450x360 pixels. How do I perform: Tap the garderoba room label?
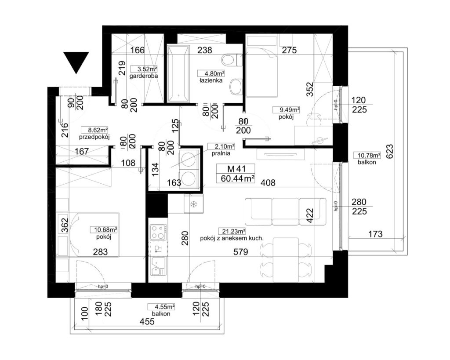(x=144, y=76)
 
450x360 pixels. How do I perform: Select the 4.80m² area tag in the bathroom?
(x=211, y=73)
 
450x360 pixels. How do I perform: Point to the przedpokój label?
(x=94, y=137)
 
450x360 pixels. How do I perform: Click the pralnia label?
(x=221, y=153)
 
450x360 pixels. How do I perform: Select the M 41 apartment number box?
(x=236, y=169)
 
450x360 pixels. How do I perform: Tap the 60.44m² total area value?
(x=238, y=178)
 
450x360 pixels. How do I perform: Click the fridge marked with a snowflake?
(x=194, y=204)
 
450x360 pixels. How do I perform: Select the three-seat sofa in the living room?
(x=286, y=211)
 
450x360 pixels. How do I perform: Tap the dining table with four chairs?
(x=286, y=260)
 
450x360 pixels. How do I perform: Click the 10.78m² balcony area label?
(x=369, y=156)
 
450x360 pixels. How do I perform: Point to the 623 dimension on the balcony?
(x=389, y=151)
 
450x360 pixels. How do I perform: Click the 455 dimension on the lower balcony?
(x=147, y=321)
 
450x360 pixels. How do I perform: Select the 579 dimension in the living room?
(x=240, y=252)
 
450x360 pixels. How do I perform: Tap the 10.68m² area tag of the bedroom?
(x=104, y=229)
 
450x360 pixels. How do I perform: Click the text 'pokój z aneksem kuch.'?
(x=232, y=238)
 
